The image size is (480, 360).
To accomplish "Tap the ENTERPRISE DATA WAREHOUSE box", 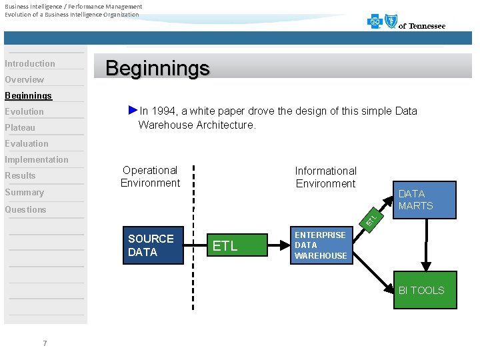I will coord(320,245).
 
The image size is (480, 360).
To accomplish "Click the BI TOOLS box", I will coord(425,290).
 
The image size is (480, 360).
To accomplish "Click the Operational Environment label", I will coord(150,177).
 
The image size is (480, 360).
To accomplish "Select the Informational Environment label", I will coord(325,177).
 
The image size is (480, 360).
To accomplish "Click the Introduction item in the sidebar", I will coord(30,64).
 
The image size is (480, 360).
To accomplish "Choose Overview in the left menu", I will coord(25,80).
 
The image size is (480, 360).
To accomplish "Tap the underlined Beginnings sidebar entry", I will coord(28,96).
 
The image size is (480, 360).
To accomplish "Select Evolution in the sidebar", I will coord(25,112).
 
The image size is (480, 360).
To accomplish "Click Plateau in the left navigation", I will coord(20,128).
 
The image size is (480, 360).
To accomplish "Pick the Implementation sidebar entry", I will coord(37,160).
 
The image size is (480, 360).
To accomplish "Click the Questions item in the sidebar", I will coord(25,209).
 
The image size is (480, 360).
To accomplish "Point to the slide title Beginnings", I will coord(157,68).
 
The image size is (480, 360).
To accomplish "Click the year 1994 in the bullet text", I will coord(163,111).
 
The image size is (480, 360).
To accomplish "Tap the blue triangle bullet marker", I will coord(133,110).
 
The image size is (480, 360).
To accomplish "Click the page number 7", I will coord(45,343).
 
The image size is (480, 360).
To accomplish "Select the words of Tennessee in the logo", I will coord(421,26).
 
